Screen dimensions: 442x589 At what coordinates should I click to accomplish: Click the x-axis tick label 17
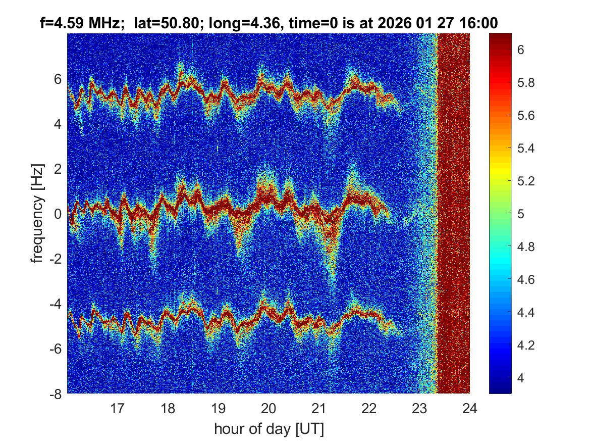(118, 408)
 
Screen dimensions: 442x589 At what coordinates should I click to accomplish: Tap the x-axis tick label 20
(269, 408)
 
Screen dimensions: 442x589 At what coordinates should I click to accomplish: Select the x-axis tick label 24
(470, 408)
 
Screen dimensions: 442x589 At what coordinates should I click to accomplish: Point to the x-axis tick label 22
(369, 408)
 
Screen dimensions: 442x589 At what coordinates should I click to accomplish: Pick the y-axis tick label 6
(58, 79)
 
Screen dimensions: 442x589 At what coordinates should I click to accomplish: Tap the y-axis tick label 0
(58, 214)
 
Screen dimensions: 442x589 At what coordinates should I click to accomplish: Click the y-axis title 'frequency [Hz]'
(37, 213)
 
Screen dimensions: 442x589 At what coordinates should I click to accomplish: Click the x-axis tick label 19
(218, 408)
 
